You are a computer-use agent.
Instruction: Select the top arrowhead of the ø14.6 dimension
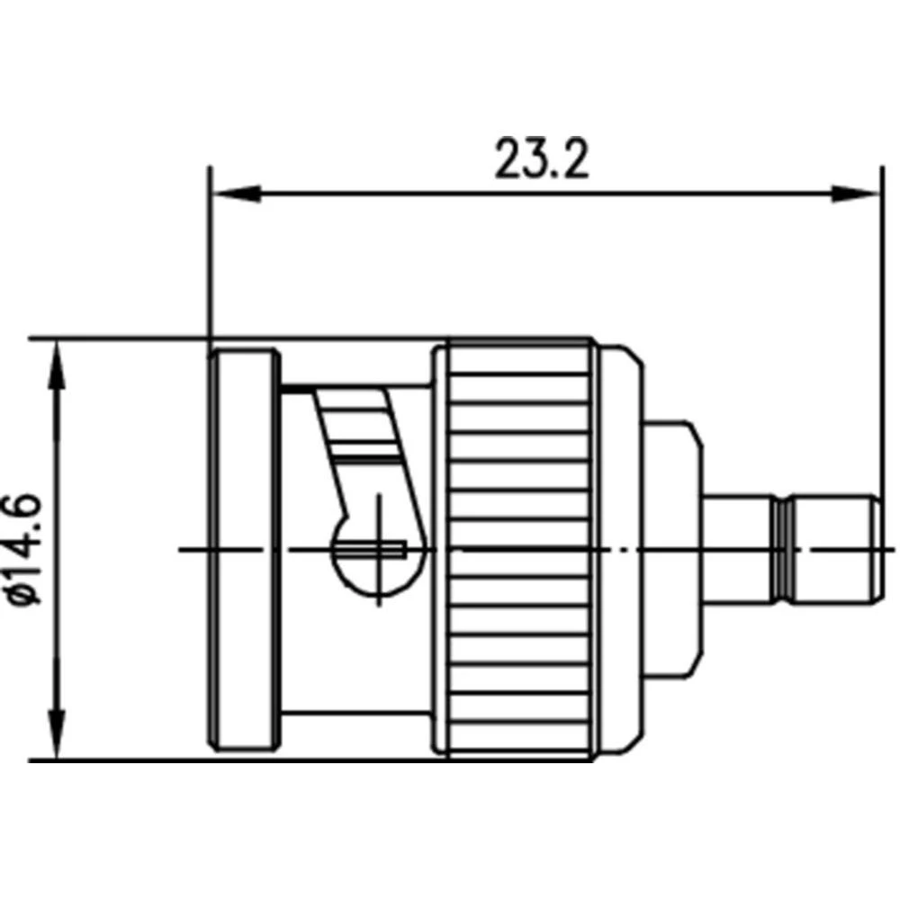(57, 364)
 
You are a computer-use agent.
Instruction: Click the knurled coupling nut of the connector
(517, 549)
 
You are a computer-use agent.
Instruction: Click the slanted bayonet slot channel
(364, 441)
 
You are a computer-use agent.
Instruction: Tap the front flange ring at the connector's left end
(243, 549)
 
